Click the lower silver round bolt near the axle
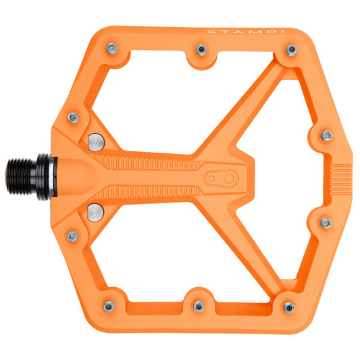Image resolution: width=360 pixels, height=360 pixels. point(95,209)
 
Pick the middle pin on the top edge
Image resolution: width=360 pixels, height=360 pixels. point(201,49)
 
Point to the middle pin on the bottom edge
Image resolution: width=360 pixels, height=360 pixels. point(198,306)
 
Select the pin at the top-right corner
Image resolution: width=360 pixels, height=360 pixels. point(291,50)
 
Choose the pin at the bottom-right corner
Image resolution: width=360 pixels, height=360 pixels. point(289,307)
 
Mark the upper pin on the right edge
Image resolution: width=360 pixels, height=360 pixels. point(326,135)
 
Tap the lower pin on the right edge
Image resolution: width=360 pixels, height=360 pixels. point(325,222)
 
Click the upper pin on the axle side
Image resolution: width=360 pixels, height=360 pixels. point(74,118)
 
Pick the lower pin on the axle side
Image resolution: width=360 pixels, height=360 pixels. point(72,236)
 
